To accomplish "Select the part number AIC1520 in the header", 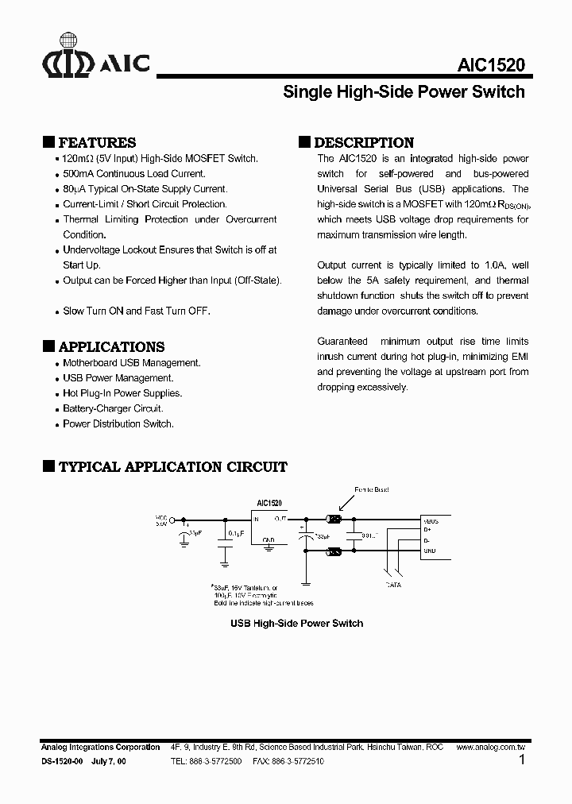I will point(491,66).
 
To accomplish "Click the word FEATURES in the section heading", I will point(97,143).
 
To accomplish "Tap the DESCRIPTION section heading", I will point(364,143).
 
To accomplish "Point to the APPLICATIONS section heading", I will point(111,347).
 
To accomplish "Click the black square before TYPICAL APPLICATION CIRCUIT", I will point(48,466).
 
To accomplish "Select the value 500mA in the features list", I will point(79,174).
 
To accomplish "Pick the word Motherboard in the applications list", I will point(89,363).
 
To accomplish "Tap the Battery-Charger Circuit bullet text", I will point(113,408).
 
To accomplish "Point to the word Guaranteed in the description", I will point(342,341).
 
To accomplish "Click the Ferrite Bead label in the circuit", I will point(371,489).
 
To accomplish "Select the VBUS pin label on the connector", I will point(431,520).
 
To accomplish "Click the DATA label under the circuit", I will point(394,585).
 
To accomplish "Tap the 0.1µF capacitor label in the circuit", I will point(235,533).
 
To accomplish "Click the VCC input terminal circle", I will point(172,521).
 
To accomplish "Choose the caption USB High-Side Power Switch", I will point(296,624).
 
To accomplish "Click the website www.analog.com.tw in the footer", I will point(491,748).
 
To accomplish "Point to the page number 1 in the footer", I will point(521,760).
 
